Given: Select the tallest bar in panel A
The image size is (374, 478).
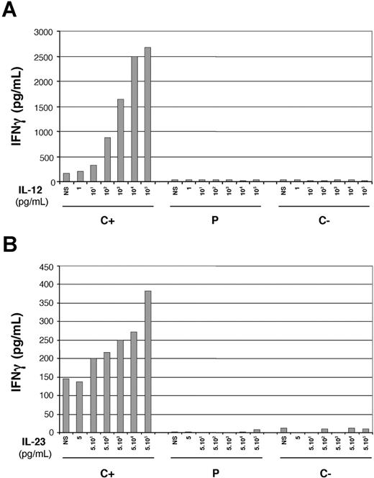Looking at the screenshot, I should click(x=147, y=114).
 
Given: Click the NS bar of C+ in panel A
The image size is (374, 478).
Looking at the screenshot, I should click(x=66, y=177).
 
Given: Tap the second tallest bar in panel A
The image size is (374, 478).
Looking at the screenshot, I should click(x=134, y=119).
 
